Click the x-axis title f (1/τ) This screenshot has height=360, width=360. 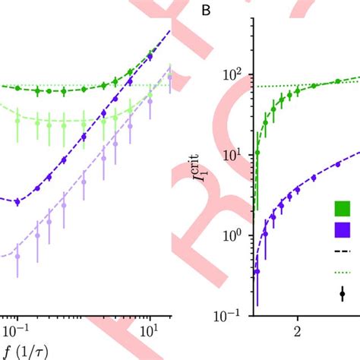click(x=24, y=351)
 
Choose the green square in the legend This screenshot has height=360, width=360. click(x=343, y=208)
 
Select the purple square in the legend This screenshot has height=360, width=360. click(x=343, y=229)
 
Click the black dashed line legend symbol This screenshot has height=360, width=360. click(x=343, y=251)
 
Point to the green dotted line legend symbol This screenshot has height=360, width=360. click(x=343, y=272)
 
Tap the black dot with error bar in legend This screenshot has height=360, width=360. click(x=343, y=293)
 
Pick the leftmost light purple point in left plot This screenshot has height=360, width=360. click(x=17, y=256)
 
